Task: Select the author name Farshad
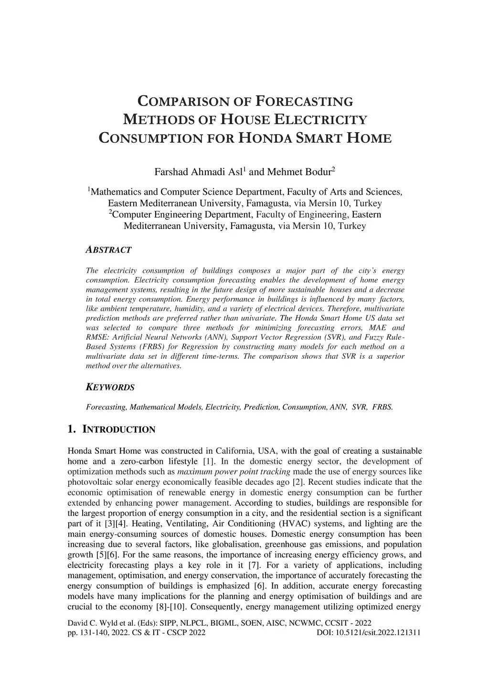click(x=170, y=172)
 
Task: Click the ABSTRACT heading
click(x=108, y=250)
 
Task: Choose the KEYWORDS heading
click(x=110, y=387)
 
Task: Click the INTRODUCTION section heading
click(x=119, y=429)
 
